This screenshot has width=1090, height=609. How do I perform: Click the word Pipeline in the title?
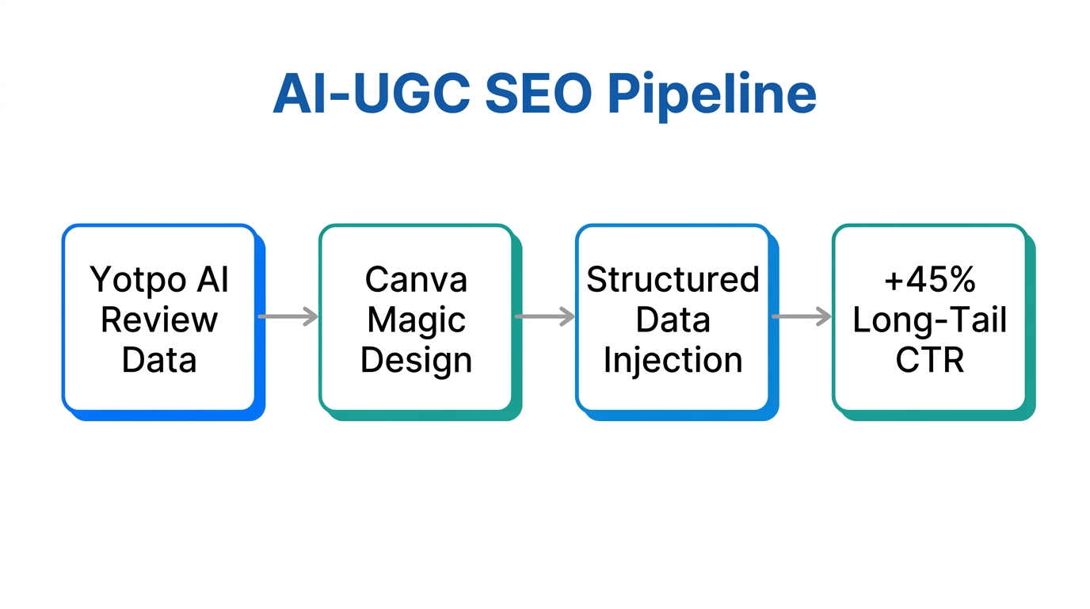[x=711, y=95]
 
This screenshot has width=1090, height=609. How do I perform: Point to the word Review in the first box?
[x=159, y=320]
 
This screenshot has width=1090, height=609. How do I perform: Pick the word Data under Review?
[x=159, y=360]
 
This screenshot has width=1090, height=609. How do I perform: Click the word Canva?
[x=416, y=280]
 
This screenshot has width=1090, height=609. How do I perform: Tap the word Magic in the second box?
[x=416, y=320]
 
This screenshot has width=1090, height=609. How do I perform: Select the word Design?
[x=416, y=361]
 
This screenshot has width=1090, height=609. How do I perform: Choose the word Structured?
[x=673, y=280]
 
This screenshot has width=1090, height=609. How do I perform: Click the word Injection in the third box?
[x=673, y=361]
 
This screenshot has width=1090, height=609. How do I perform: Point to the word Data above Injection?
[x=673, y=320]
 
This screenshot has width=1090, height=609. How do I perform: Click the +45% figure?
[x=929, y=280]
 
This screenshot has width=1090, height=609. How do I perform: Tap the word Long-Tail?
[x=929, y=320]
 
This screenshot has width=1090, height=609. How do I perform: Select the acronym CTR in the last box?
[x=929, y=360]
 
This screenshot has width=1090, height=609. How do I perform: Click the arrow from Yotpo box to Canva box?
[x=288, y=317]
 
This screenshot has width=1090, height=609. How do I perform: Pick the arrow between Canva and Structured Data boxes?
[x=544, y=317]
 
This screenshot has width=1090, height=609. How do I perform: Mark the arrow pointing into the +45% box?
[x=801, y=317]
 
